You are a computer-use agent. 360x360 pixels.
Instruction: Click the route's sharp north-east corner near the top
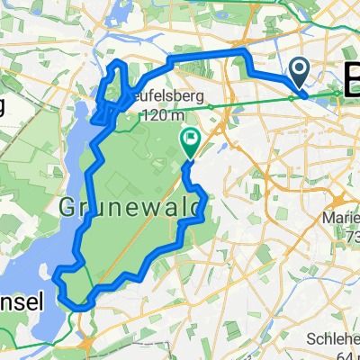[x=243, y=54]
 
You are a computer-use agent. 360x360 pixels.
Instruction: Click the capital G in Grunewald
[x=68, y=208]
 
